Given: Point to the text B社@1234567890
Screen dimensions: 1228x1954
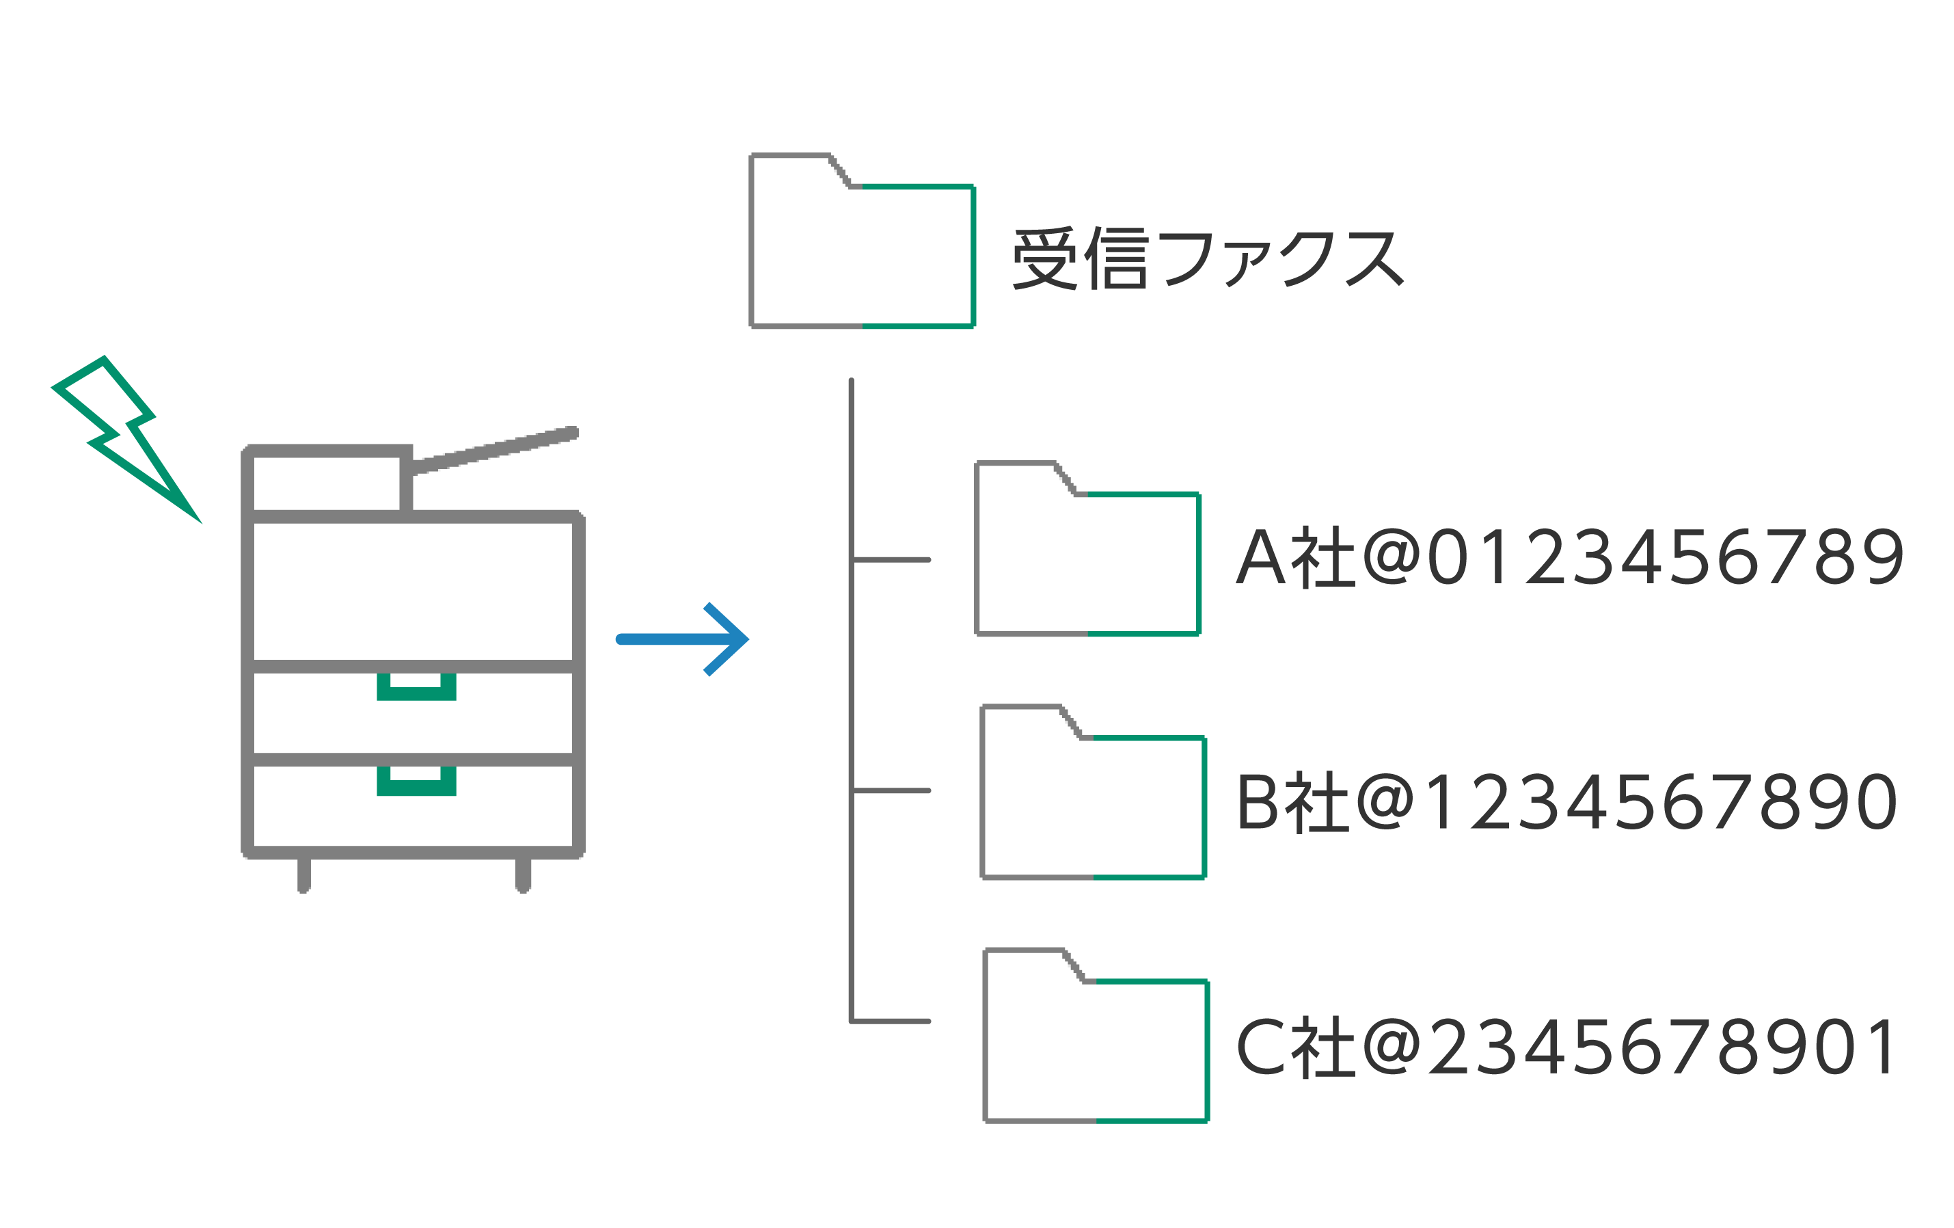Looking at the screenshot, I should [1566, 803].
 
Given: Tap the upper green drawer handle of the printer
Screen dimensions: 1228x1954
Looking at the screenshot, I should [416, 687].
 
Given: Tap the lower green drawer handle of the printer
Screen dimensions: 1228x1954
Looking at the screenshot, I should [416, 782].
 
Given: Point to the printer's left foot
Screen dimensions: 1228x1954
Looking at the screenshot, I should [303, 875].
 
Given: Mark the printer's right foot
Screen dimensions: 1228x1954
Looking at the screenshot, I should [524, 875].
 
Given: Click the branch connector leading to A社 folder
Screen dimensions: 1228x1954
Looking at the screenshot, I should [891, 560].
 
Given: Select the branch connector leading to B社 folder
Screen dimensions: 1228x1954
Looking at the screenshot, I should [891, 790].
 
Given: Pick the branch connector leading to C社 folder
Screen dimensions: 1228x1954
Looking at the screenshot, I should [891, 1021].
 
